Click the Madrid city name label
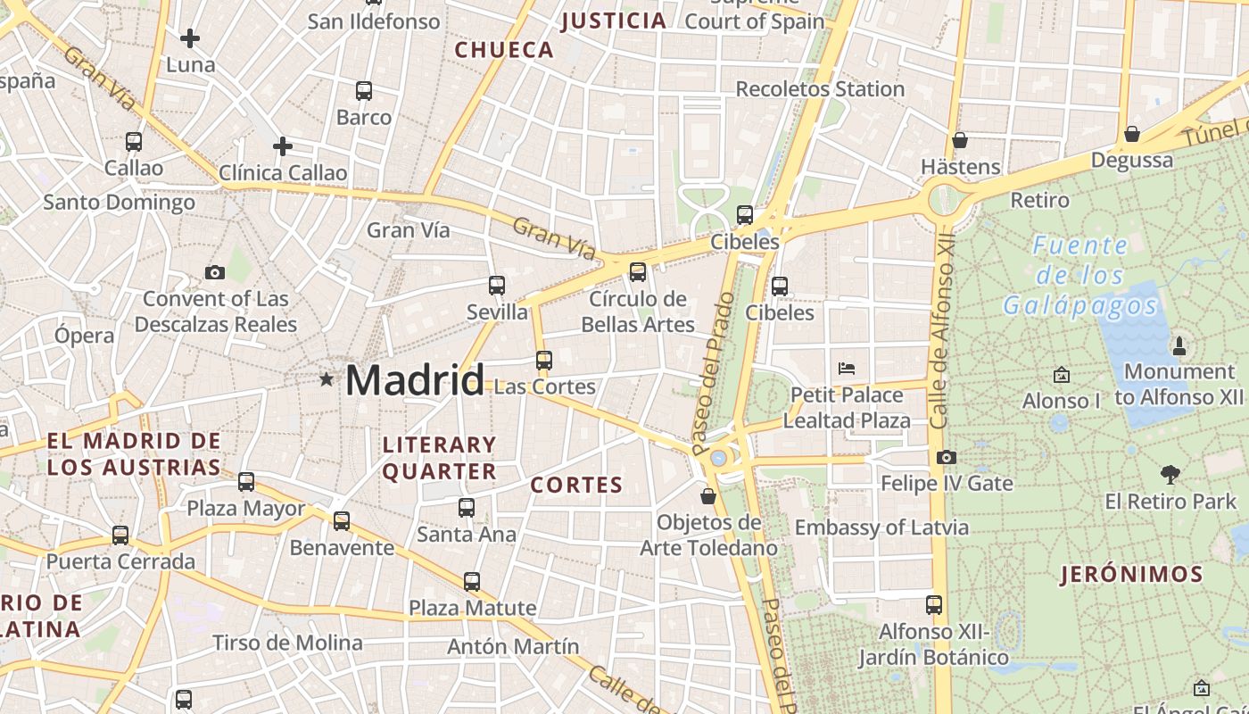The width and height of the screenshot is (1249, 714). (415, 380)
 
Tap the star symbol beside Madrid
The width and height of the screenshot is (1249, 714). (327, 380)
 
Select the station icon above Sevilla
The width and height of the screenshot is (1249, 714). (497, 286)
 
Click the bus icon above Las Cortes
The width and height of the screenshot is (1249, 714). (544, 361)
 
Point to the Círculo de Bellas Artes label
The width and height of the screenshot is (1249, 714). (638, 311)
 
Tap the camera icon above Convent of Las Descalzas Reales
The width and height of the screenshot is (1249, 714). (215, 273)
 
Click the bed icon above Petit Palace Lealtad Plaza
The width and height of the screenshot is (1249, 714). (847, 368)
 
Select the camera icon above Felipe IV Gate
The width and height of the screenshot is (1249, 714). (947, 458)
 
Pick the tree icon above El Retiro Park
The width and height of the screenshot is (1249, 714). (1170, 475)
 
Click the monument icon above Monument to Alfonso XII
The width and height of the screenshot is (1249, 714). (1179, 345)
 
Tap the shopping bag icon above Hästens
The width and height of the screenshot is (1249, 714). (960, 140)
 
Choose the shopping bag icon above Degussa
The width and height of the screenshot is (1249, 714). (1132, 134)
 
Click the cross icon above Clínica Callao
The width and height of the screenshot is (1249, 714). (283, 146)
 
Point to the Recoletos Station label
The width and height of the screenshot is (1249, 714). (820, 89)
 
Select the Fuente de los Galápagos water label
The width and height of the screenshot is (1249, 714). (1080, 276)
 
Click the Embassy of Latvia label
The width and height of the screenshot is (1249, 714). (881, 527)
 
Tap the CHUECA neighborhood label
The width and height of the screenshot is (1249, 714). (505, 50)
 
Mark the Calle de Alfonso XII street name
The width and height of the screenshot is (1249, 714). (942, 330)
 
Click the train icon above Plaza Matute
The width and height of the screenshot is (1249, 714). (472, 582)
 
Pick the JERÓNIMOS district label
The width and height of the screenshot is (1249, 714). (1131, 575)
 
